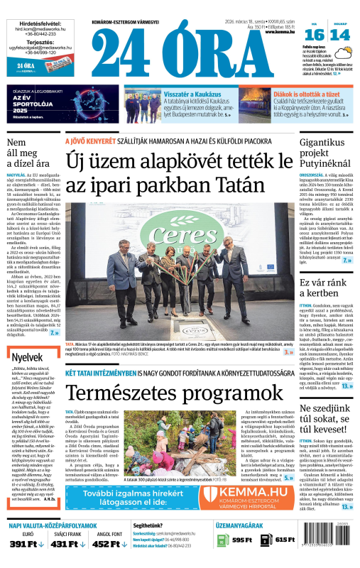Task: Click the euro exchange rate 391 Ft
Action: [x=27, y=543]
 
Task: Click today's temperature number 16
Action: [x=315, y=34]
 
